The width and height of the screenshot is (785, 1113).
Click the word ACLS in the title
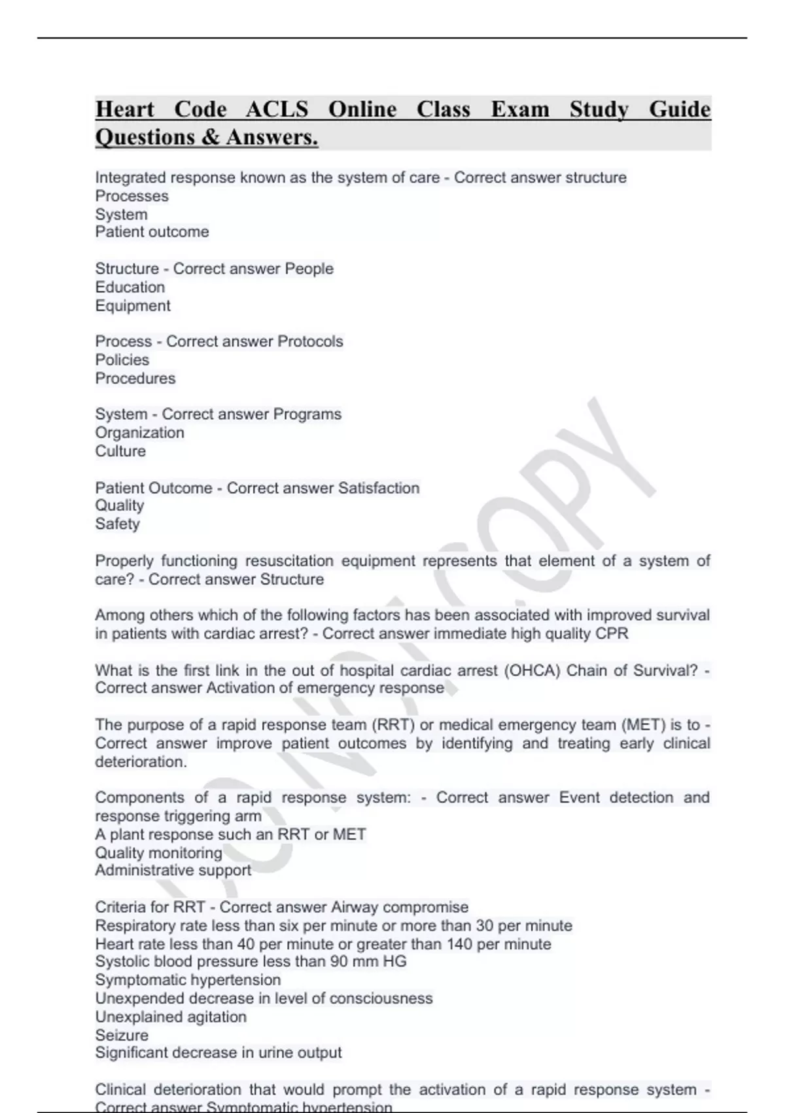point(276,109)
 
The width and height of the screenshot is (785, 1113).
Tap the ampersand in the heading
point(211,137)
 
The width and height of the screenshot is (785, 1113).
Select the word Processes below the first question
point(131,196)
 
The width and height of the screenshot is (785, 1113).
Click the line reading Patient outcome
point(152,232)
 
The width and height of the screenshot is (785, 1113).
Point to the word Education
point(130,287)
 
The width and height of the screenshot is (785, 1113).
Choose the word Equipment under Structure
point(132,306)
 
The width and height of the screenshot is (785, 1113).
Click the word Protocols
point(310,341)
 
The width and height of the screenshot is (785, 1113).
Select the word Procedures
point(135,378)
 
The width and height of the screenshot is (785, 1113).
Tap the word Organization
point(139,433)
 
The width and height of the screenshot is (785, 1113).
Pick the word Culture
point(120,451)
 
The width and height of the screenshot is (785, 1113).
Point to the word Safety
point(117,524)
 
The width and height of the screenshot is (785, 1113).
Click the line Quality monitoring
point(158,852)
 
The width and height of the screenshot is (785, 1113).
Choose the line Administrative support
point(173,870)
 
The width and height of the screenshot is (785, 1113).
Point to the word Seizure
point(122,1035)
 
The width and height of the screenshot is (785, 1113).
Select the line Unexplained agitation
point(171,1017)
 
